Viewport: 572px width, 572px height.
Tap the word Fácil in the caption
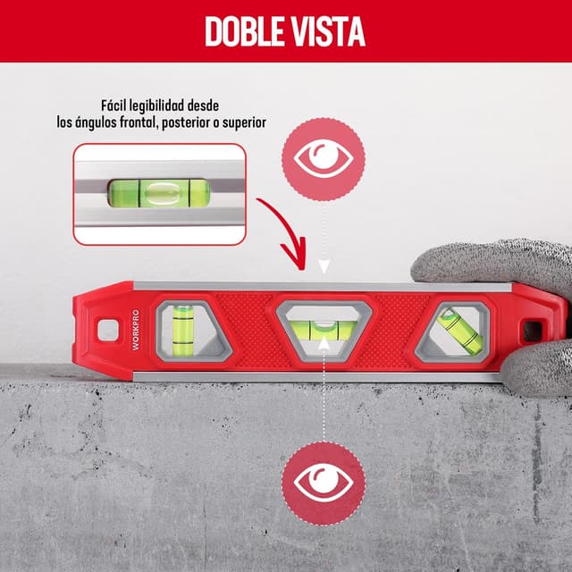(116, 105)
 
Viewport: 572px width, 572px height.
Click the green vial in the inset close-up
(158, 193)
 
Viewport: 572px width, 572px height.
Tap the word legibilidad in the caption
(181, 105)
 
